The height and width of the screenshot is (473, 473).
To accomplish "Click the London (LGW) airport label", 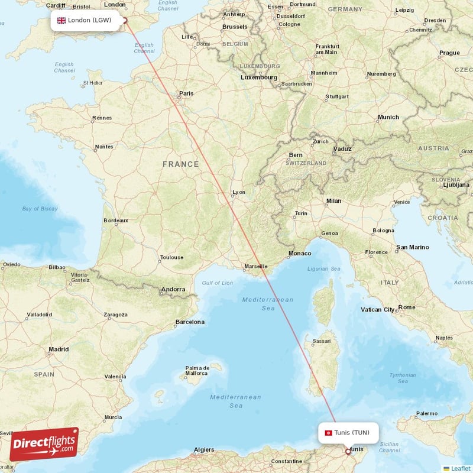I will [x=89, y=20].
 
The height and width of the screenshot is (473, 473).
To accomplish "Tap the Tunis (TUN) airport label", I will [x=351, y=432].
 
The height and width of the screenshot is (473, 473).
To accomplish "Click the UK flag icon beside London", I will [x=61, y=21].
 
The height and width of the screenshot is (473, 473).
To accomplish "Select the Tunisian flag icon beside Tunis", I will [x=328, y=432].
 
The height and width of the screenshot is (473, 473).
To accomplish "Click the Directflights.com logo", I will [x=44, y=443].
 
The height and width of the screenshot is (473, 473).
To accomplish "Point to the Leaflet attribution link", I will [x=460, y=468].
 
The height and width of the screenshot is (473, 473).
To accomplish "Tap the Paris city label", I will [x=186, y=93].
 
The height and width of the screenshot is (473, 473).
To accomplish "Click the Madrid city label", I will [x=59, y=349].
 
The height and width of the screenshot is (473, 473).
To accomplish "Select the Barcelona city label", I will [x=190, y=322].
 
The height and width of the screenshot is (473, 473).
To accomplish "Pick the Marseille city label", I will [x=255, y=267].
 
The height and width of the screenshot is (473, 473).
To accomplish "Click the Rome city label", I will [x=407, y=307].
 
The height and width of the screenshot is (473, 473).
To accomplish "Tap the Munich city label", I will [x=388, y=117].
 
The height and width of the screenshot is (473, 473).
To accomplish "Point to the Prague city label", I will [x=449, y=53].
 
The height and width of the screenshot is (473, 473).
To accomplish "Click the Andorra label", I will [x=174, y=290].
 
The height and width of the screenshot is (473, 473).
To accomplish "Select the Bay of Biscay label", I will [x=40, y=209].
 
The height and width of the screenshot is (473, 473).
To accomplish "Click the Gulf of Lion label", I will [x=218, y=283].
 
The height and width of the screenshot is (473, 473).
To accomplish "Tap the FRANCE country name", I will [x=181, y=164].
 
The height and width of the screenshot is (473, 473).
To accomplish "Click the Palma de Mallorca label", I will [x=196, y=370].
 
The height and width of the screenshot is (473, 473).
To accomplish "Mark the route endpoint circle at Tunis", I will [x=348, y=451].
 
